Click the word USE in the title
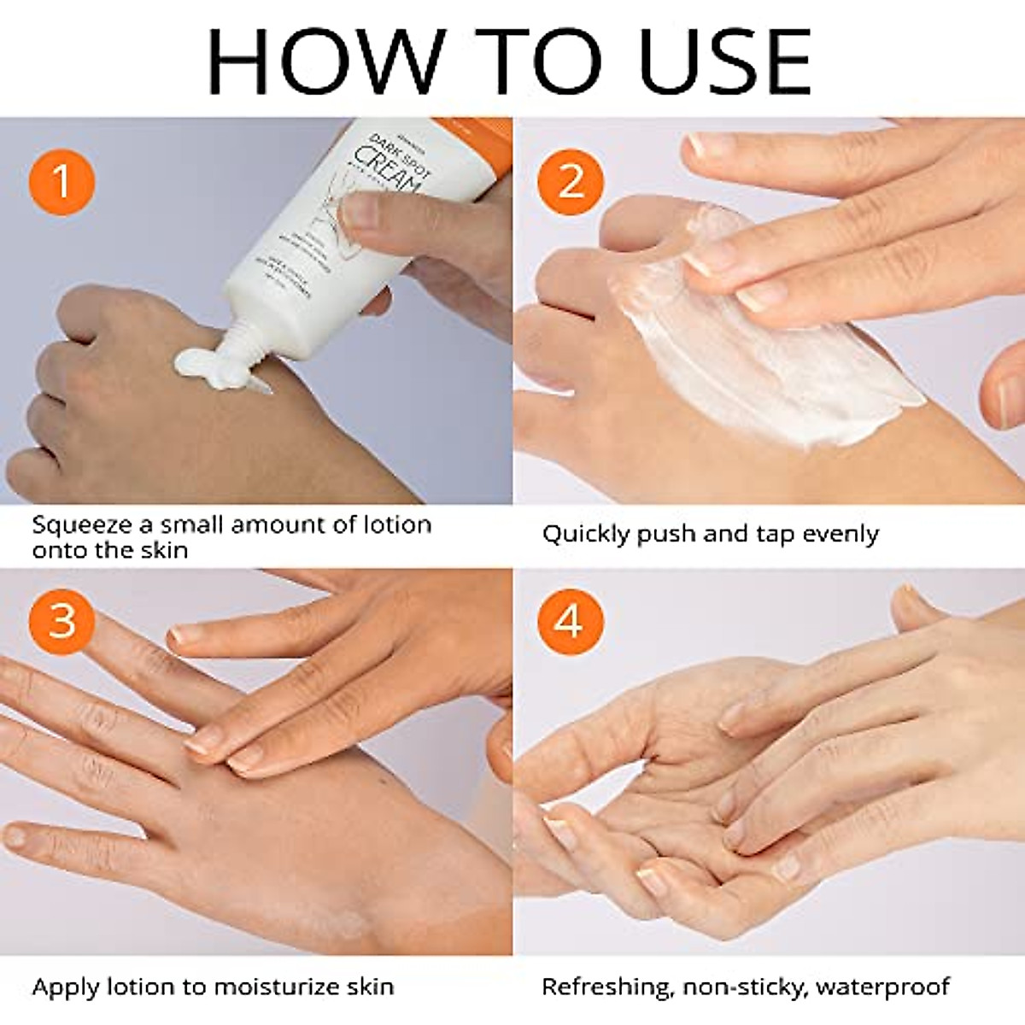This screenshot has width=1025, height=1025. point(725,61)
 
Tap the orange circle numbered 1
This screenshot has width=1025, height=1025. point(61,182)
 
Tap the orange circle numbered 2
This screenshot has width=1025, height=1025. point(571,182)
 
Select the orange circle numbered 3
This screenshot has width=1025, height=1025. point(61,621)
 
